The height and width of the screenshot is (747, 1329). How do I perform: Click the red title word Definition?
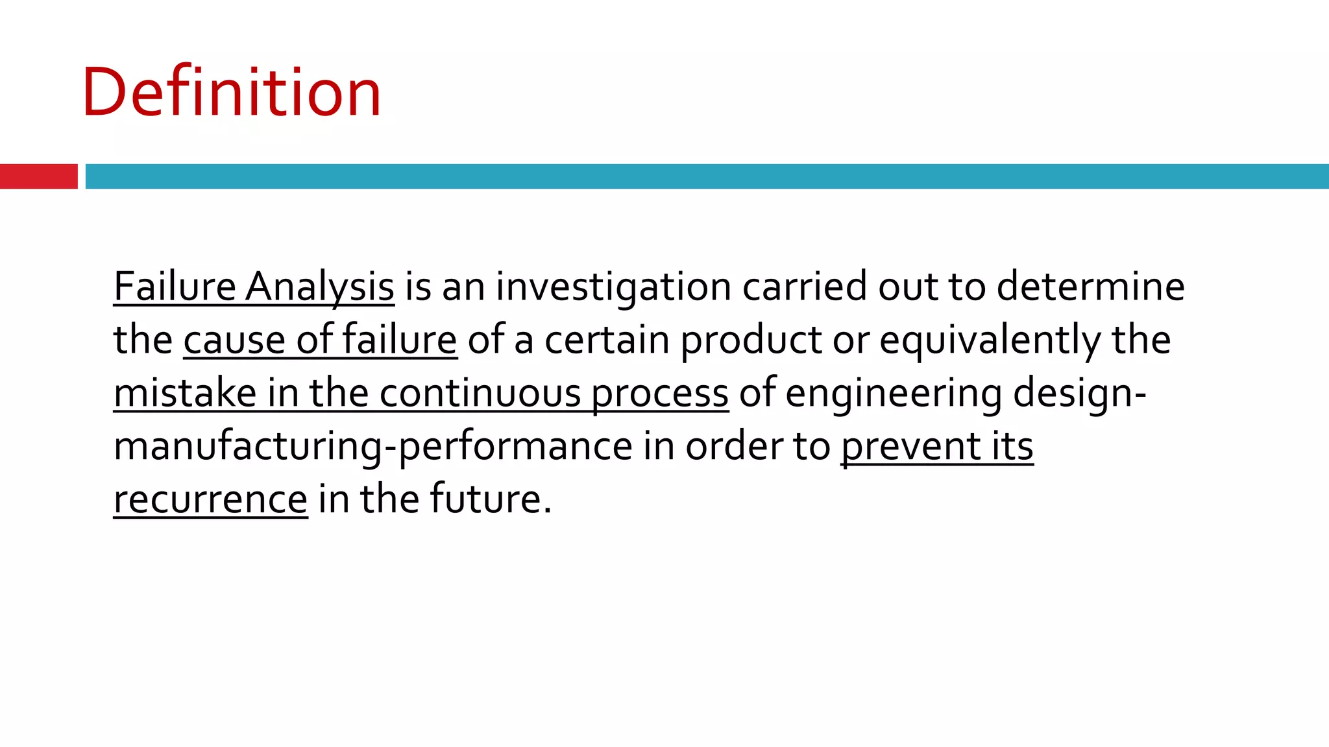[232, 92]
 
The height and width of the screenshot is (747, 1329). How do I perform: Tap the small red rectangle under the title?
[38, 176]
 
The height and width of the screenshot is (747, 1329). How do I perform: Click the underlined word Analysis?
[320, 287]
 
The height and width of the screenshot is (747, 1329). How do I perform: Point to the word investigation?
[613, 287]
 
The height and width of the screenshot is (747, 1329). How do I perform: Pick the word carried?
[804, 287]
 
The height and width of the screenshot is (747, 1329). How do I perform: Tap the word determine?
[1090, 287]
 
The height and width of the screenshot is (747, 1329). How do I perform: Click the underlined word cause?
[234, 340]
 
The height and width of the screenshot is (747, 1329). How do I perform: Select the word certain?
[606, 340]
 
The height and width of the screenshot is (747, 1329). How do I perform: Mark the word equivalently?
[990, 340]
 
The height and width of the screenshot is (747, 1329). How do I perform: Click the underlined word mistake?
[185, 393]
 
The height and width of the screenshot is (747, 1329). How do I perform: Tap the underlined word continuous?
[480, 393]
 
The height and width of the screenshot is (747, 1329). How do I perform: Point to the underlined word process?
[659, 393]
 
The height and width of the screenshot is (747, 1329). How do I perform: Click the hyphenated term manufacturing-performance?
[372, 446]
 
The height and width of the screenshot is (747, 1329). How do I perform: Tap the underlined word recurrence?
[210, 499]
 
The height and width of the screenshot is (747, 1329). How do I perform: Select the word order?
[733, 446]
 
